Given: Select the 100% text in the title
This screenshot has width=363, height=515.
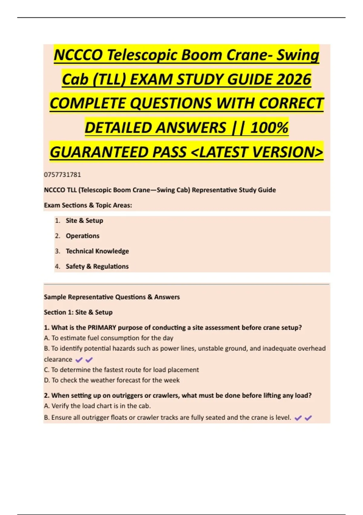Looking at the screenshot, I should coord(269,128).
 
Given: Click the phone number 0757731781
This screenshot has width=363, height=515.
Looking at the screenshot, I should coord(62,174).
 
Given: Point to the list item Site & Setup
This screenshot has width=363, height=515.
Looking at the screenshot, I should coord(84,221).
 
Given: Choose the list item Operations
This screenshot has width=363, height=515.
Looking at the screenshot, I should coord(83,236).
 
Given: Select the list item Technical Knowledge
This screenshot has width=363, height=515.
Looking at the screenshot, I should coord(97,251).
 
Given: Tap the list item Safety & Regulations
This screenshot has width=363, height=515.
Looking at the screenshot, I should coord(97,266).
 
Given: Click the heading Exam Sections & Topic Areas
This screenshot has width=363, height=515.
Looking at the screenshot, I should coord(88,205).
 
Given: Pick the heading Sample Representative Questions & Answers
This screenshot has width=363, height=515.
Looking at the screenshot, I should coord(112,297).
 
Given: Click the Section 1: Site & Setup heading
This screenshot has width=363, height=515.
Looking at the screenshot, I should coord(78,312).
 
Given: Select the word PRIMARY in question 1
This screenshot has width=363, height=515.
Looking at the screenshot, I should coord(102,327).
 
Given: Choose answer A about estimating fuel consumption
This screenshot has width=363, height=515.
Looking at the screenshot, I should coord(109,338).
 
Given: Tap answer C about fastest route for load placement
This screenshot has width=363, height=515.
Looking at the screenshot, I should coord(121,370).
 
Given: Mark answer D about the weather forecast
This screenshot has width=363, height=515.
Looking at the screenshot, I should coord(112,380).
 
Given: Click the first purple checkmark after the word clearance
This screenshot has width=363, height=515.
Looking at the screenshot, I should coord(79,360).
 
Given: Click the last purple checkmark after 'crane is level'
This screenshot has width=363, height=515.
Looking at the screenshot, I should coord(308,418).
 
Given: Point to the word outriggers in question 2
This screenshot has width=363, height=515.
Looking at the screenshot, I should coord(127,395).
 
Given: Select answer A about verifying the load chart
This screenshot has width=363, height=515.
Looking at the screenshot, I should coord(97,406).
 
